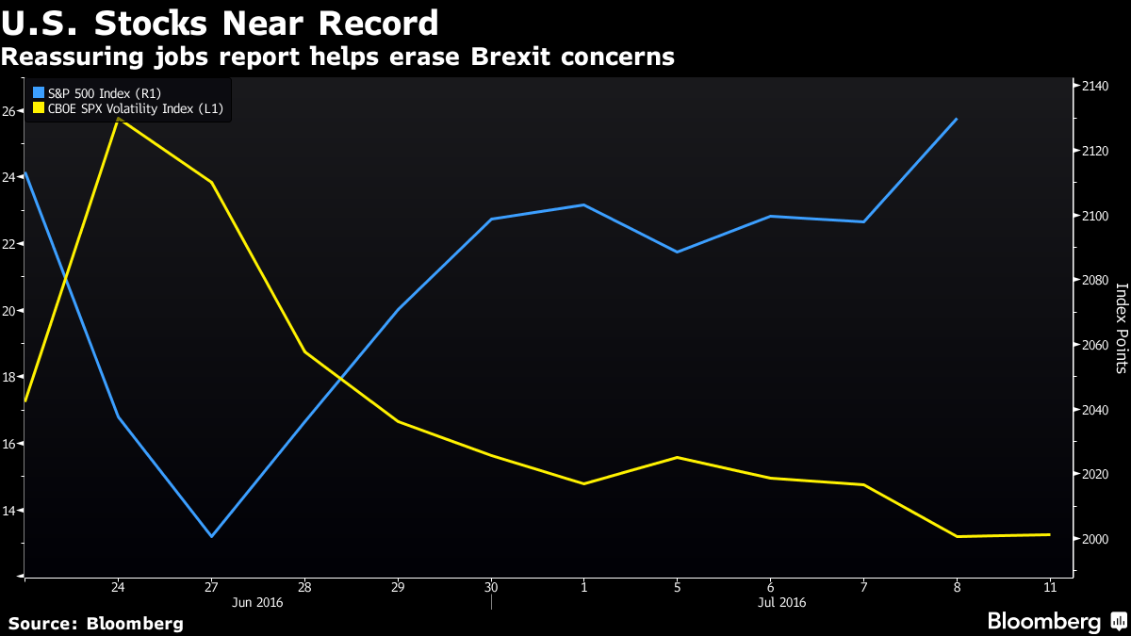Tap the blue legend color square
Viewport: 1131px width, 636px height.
click(39, 92)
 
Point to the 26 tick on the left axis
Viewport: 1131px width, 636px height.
click(8, 111)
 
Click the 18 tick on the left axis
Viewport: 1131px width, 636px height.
click(8, 377)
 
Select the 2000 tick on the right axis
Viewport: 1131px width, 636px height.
click(1095, 539)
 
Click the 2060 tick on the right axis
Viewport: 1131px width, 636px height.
click(1095, 345)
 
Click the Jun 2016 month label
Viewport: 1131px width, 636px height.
click(257, 601)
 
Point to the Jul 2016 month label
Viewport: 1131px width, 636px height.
click(781, 601)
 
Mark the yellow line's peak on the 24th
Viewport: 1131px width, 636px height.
click(118, 120)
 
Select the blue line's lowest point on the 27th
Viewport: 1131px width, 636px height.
click(212, 536)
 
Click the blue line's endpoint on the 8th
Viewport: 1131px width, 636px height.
click(957, 119)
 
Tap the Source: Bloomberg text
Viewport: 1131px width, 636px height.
click(96, 624)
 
